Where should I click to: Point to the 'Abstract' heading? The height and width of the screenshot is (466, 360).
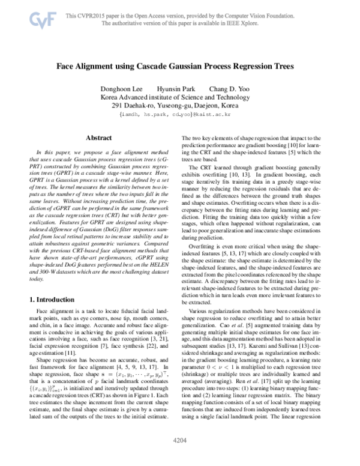pos(99,138)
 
